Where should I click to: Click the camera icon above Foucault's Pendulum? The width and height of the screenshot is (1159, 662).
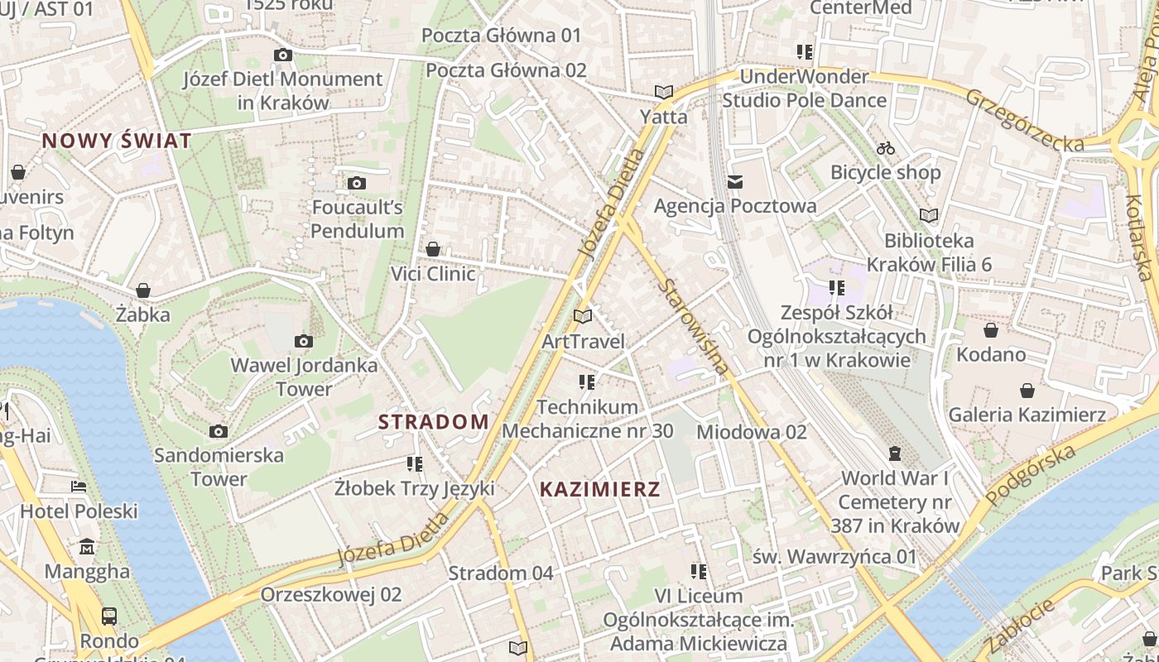point(357,183)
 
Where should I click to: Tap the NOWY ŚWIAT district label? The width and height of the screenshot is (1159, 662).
point(117,141)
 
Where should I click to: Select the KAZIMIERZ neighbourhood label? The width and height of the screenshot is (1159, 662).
point(600,489)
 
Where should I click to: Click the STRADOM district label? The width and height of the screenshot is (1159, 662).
point(434,422)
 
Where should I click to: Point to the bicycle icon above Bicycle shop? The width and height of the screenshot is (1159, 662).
point(886,148)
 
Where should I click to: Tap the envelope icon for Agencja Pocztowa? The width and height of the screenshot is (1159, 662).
point(735,182)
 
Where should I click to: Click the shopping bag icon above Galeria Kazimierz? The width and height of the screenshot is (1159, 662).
point(1027,391)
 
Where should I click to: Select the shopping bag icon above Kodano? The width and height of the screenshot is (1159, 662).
point(991,331)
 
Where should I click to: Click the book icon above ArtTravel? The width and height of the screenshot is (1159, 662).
point(583,316)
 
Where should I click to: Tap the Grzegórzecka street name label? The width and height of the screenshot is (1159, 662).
point(1025,121)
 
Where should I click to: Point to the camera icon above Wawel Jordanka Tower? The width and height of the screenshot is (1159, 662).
point(304,341)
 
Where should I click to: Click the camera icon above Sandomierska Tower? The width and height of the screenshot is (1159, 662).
point(219,431)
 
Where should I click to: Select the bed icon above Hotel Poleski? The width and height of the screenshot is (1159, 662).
point(79,487)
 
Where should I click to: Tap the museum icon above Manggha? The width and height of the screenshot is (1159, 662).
point(87,547)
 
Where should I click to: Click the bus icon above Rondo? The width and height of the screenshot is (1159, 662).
point(109,616)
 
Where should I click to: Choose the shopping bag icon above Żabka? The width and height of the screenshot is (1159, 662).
point(143,290)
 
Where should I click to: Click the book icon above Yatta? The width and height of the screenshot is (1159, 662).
point(663,92)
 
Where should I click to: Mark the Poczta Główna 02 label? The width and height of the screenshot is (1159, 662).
point(506,70)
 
